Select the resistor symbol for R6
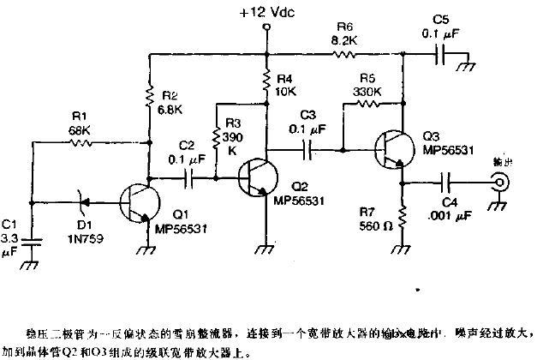click(343, 54)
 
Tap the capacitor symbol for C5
click(440, 54)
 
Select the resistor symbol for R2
click(150, 99)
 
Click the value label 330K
click(366, 92)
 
